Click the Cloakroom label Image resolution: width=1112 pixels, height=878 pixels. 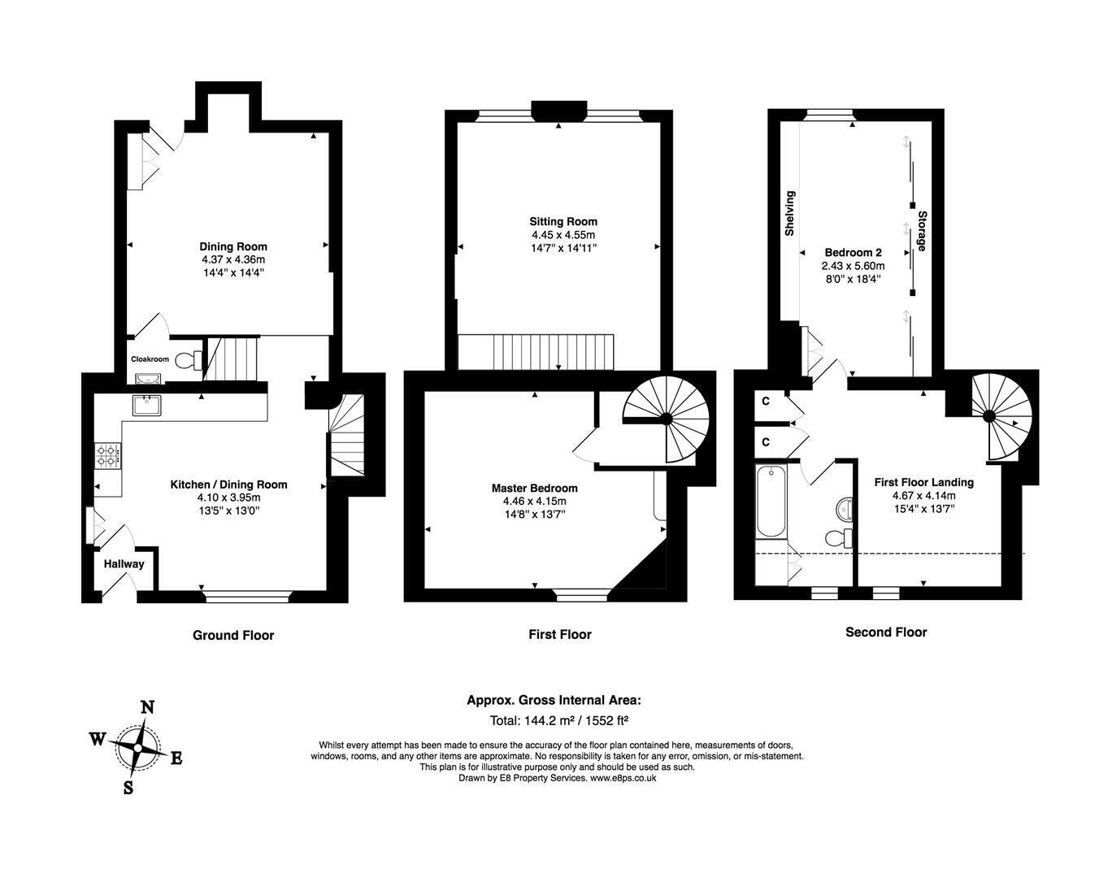coord(150,359)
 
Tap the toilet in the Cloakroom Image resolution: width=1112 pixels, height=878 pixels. coord(189,360)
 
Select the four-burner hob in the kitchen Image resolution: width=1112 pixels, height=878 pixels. coord(108,456)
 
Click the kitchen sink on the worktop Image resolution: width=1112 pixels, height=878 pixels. coord(147,405)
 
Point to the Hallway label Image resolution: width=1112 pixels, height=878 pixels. coord(124,564)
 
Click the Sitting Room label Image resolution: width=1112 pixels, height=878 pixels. coord(563,222)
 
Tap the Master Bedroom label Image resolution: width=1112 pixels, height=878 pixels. coord(535,489)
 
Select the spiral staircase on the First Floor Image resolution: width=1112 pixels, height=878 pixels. coord(666,419)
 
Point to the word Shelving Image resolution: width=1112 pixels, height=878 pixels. coord(789,214)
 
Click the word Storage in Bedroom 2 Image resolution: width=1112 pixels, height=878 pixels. coord(922,231)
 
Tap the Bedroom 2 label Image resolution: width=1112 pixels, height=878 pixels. coord(854,253)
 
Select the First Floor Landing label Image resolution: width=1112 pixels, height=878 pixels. coord(924,483)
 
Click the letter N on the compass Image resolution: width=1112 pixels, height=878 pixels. coord(148,707)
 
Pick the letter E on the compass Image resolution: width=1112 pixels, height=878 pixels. coord(176,758)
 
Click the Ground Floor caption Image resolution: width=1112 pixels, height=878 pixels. coord(233,636)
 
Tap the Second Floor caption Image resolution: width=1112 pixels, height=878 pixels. coord(886,632)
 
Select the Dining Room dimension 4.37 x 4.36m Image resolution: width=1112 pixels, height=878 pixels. coord(233,260)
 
